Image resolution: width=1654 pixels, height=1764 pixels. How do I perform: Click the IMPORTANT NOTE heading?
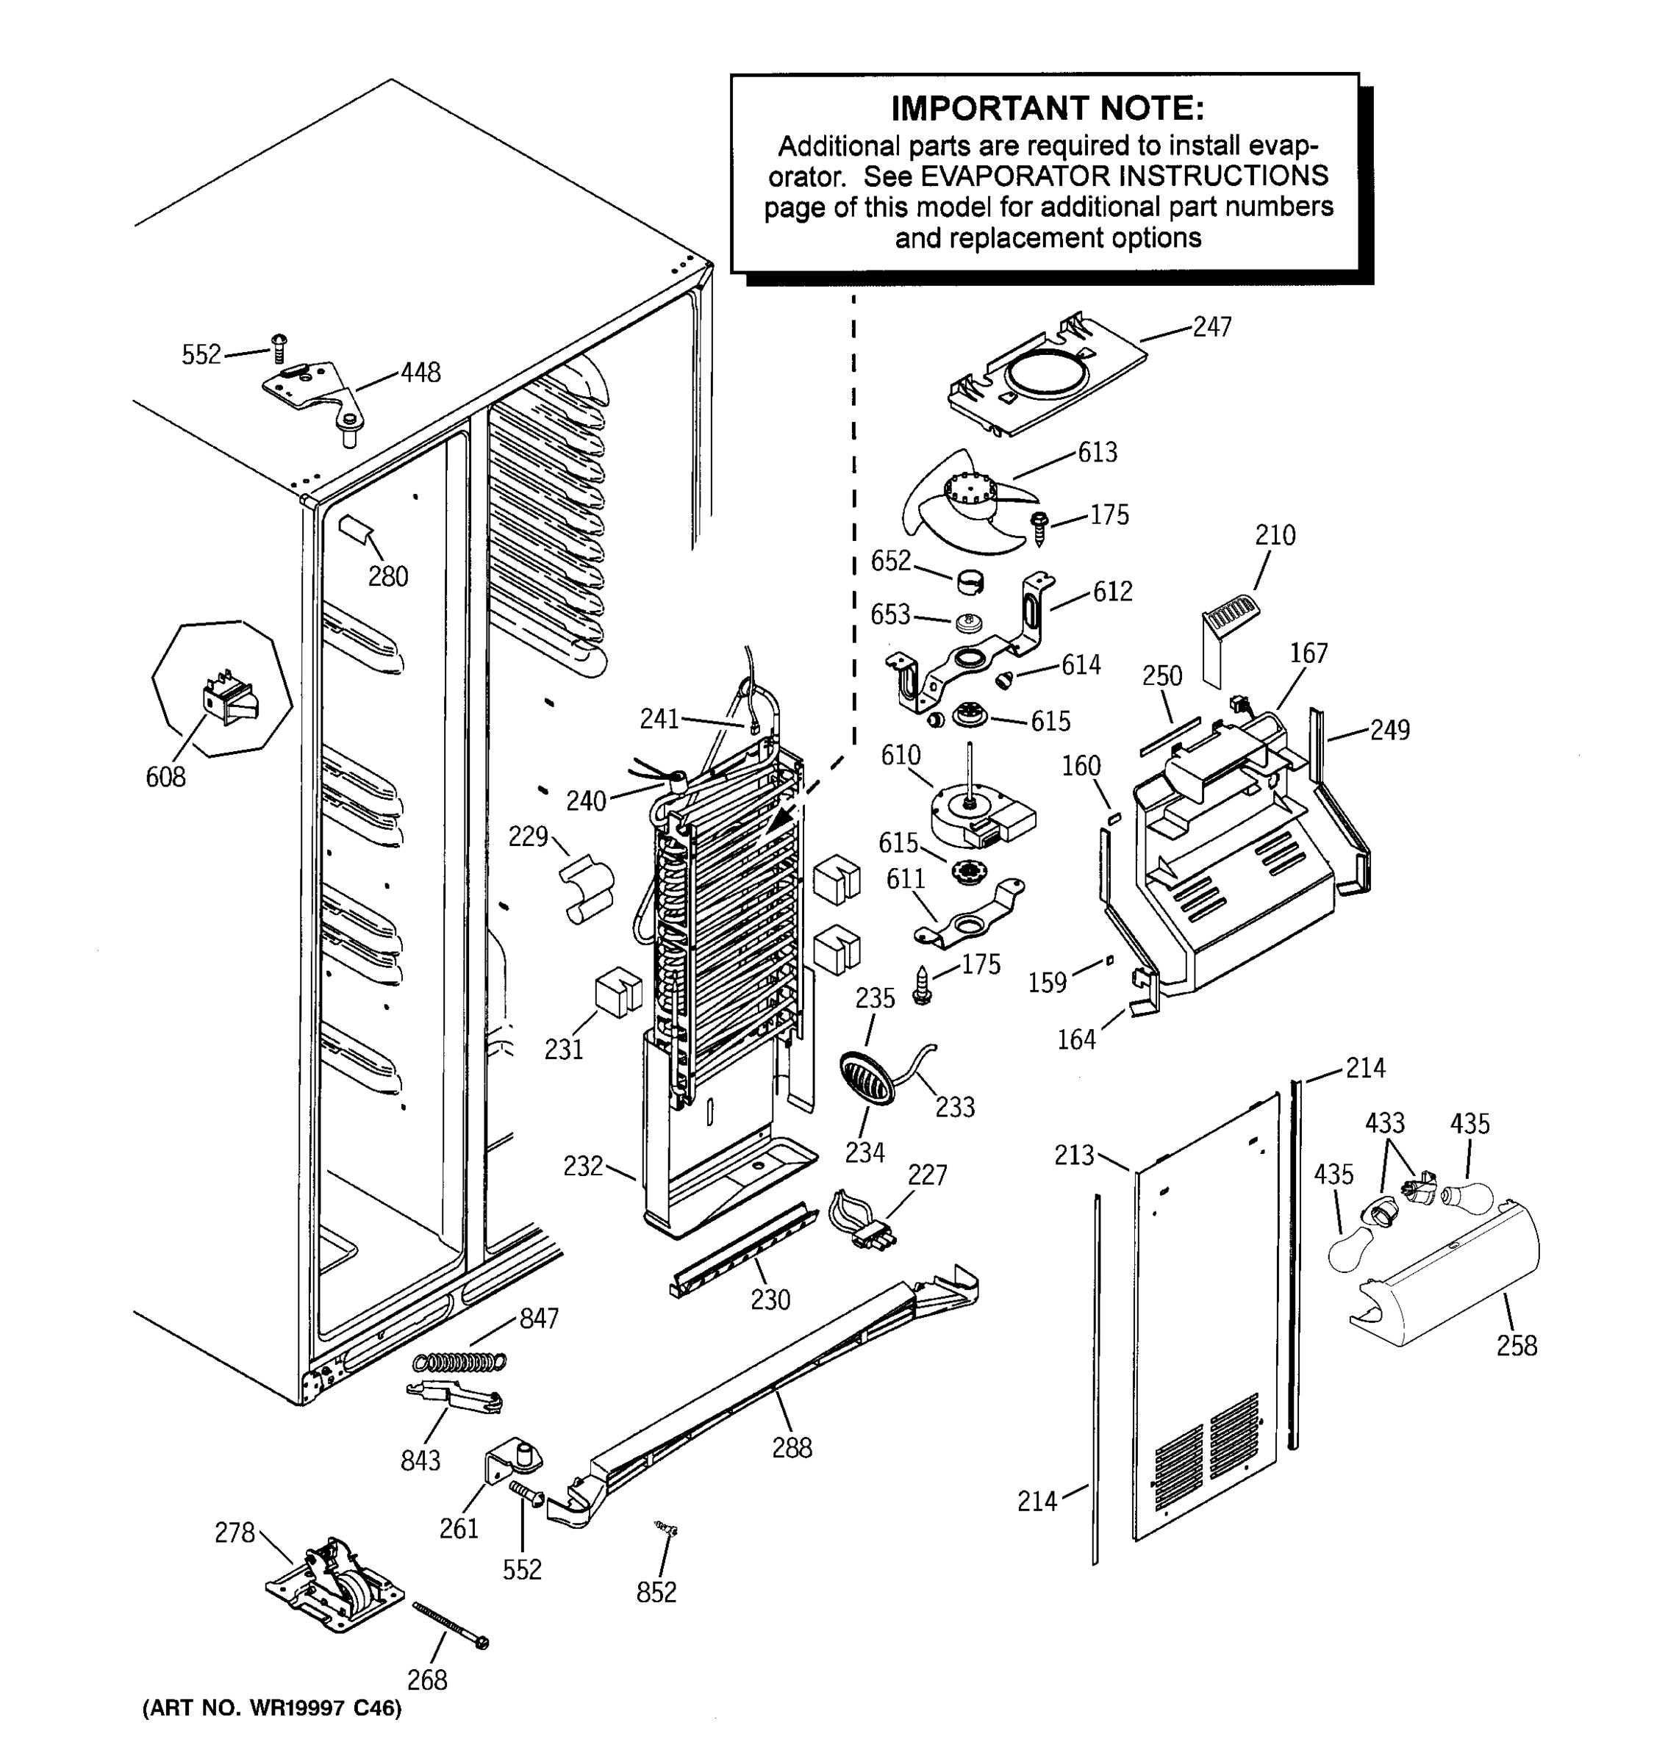(x=1047, y=108)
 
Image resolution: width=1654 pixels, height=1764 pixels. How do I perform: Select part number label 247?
(x=1211, y=327)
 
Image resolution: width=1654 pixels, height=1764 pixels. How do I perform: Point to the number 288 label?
(x=792, y=1448)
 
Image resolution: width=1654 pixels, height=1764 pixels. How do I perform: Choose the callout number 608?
(x=166, y=778)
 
